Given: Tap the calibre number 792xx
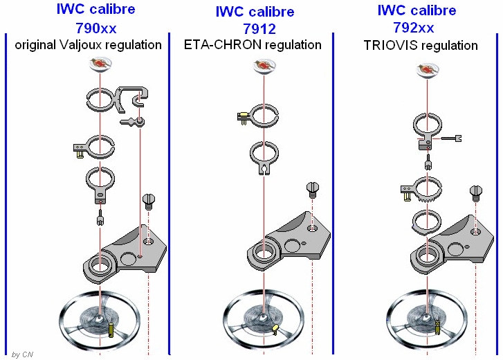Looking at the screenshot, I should [417, 28].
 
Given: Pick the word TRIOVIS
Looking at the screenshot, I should [392, 46].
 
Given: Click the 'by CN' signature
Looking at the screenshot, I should [22, 354].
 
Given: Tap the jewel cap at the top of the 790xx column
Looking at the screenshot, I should [100, 65].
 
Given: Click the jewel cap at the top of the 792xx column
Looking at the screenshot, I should [428, 69].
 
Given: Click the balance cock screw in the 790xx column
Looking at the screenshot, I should [148, 201].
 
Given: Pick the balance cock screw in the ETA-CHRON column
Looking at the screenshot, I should [313, 188].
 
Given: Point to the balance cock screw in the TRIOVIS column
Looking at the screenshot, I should [476, 190].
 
